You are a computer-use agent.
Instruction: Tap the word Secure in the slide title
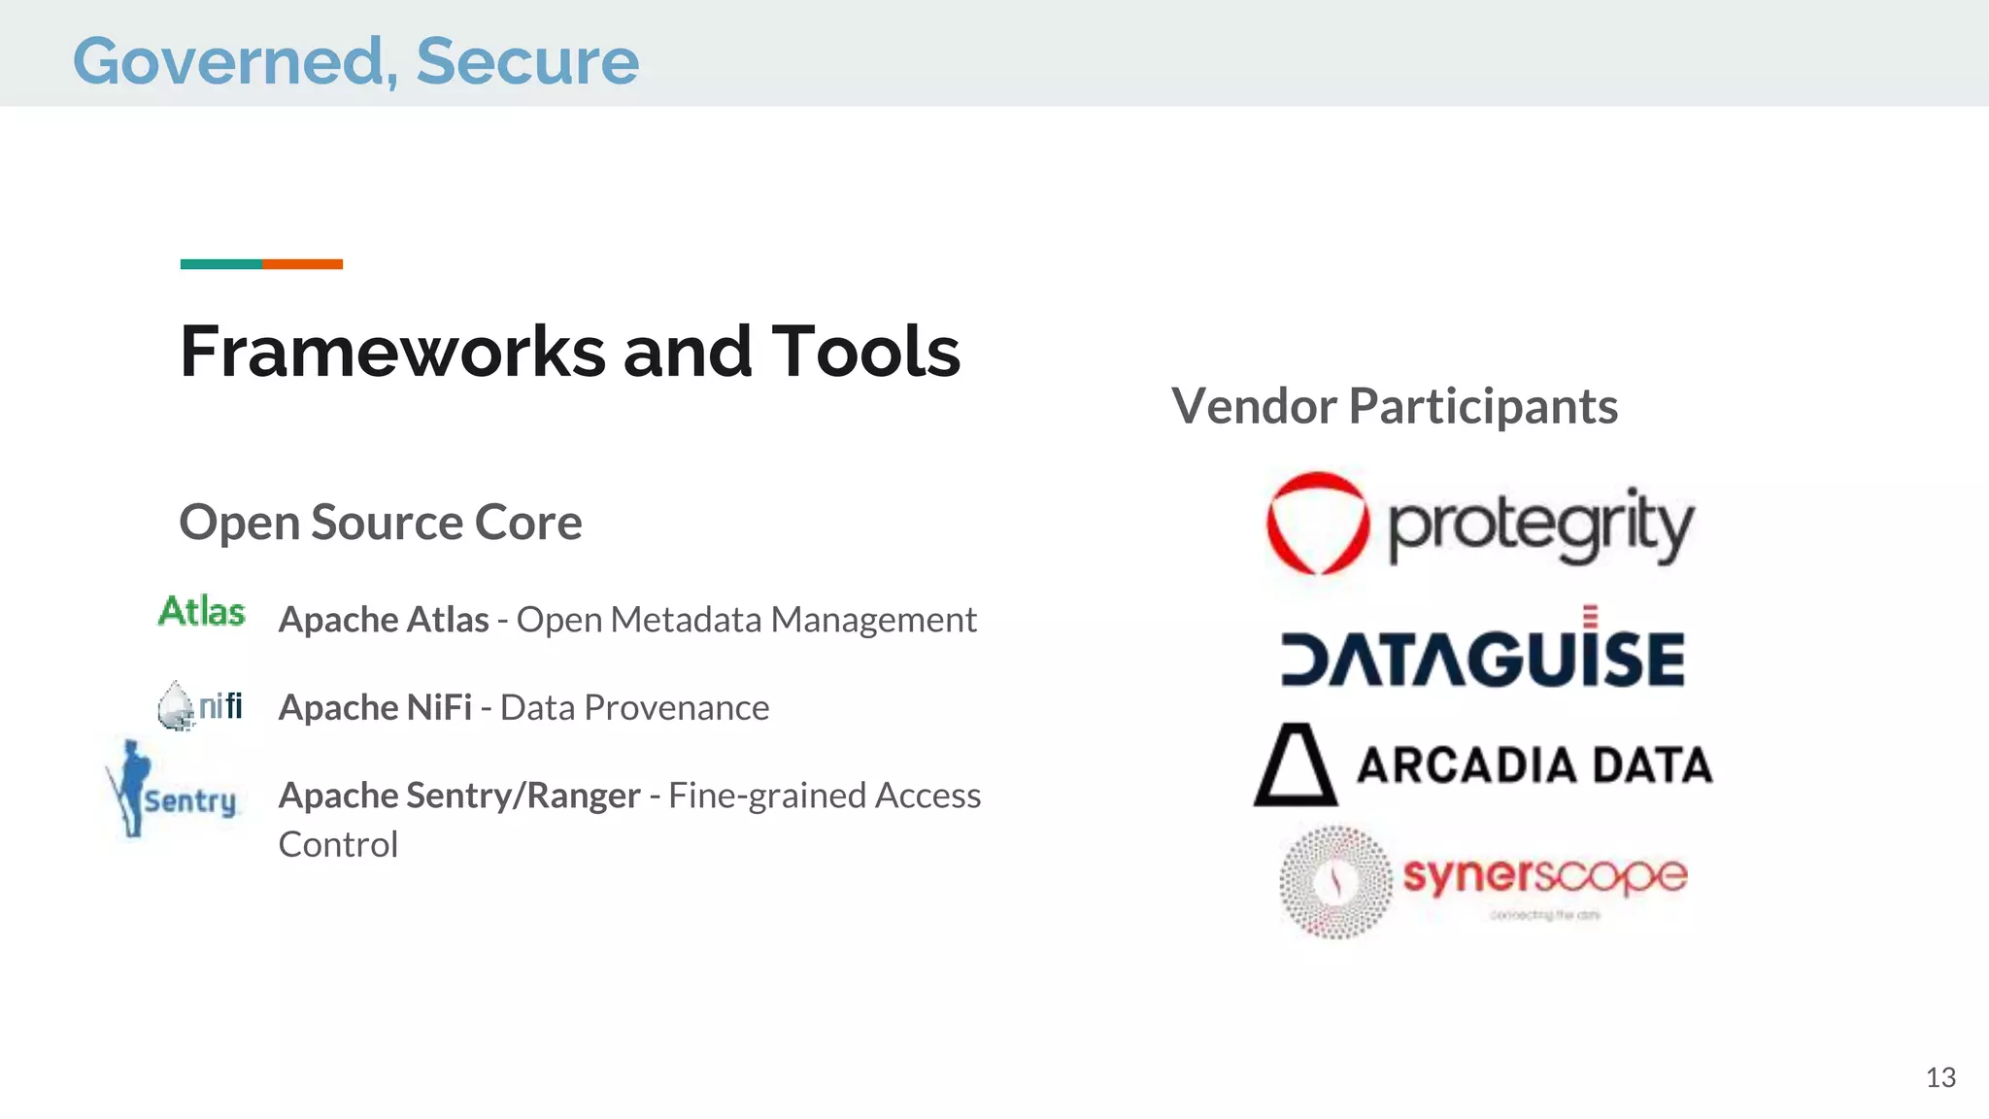click(x=527, y=61)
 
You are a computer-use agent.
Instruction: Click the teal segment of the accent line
click(x=220, y=264)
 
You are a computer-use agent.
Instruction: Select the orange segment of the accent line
click(x=302, y=264)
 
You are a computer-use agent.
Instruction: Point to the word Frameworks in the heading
click(x=393, y=352)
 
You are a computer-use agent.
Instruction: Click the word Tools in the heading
click(x=864, y=352)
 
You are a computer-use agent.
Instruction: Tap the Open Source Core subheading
click(x=380, y=523)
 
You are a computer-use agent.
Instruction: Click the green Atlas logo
click(x=202, y=612)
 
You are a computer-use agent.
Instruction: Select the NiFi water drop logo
click(x=177, y=705)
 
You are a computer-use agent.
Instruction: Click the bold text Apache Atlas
click(x=384, y=620)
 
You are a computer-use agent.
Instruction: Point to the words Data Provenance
click(x=634, y=708)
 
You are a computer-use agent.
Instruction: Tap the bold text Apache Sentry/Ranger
click(x=459, y=796)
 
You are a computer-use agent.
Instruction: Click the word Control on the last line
click(x=338, y=845)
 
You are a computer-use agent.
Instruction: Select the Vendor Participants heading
click(x=1395, y=406)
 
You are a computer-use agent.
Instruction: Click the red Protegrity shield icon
click(x=1317, y=524)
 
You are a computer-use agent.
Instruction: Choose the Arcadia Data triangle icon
click(x=1295, y=766)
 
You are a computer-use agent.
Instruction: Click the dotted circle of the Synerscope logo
click(x=1335, y=882)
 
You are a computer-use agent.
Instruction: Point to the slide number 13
click(x=1940, y=1077)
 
